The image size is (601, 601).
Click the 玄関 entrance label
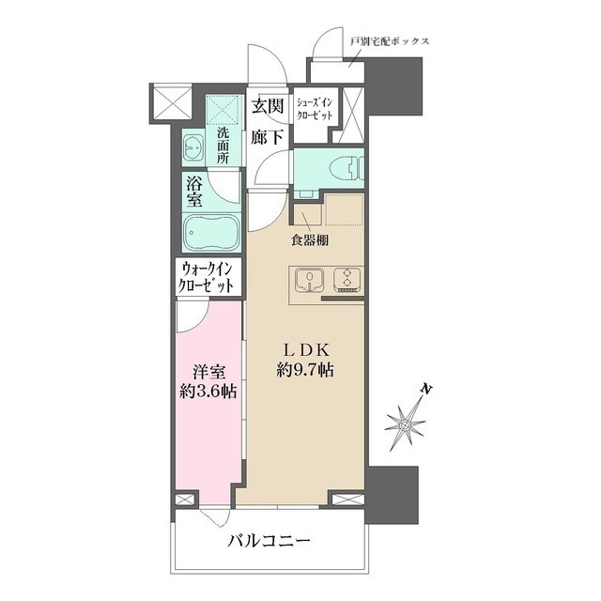(268, 106)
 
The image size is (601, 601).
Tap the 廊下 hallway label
(268, 137)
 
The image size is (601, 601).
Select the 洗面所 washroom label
(223, 146)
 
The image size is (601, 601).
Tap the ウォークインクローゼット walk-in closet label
(206, 278)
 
